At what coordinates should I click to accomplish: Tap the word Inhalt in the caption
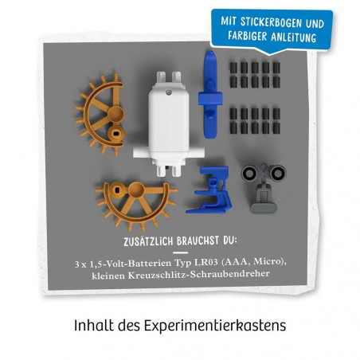(x=92, y=327)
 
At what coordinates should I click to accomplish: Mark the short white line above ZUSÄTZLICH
(x=179, y=228)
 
